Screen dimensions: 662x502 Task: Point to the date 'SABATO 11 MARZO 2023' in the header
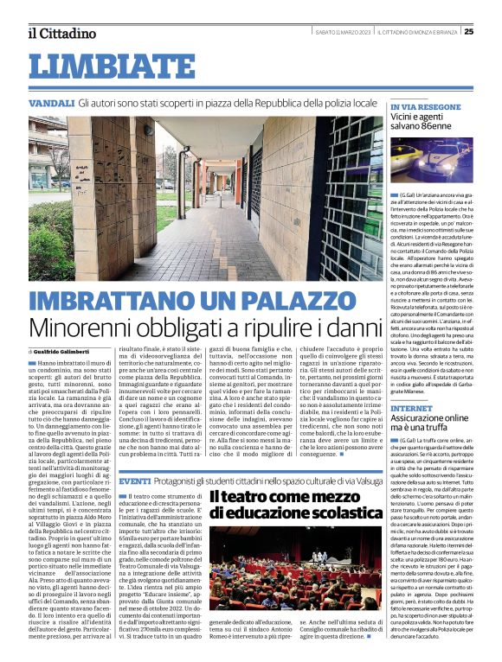click(x=338, y=32)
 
